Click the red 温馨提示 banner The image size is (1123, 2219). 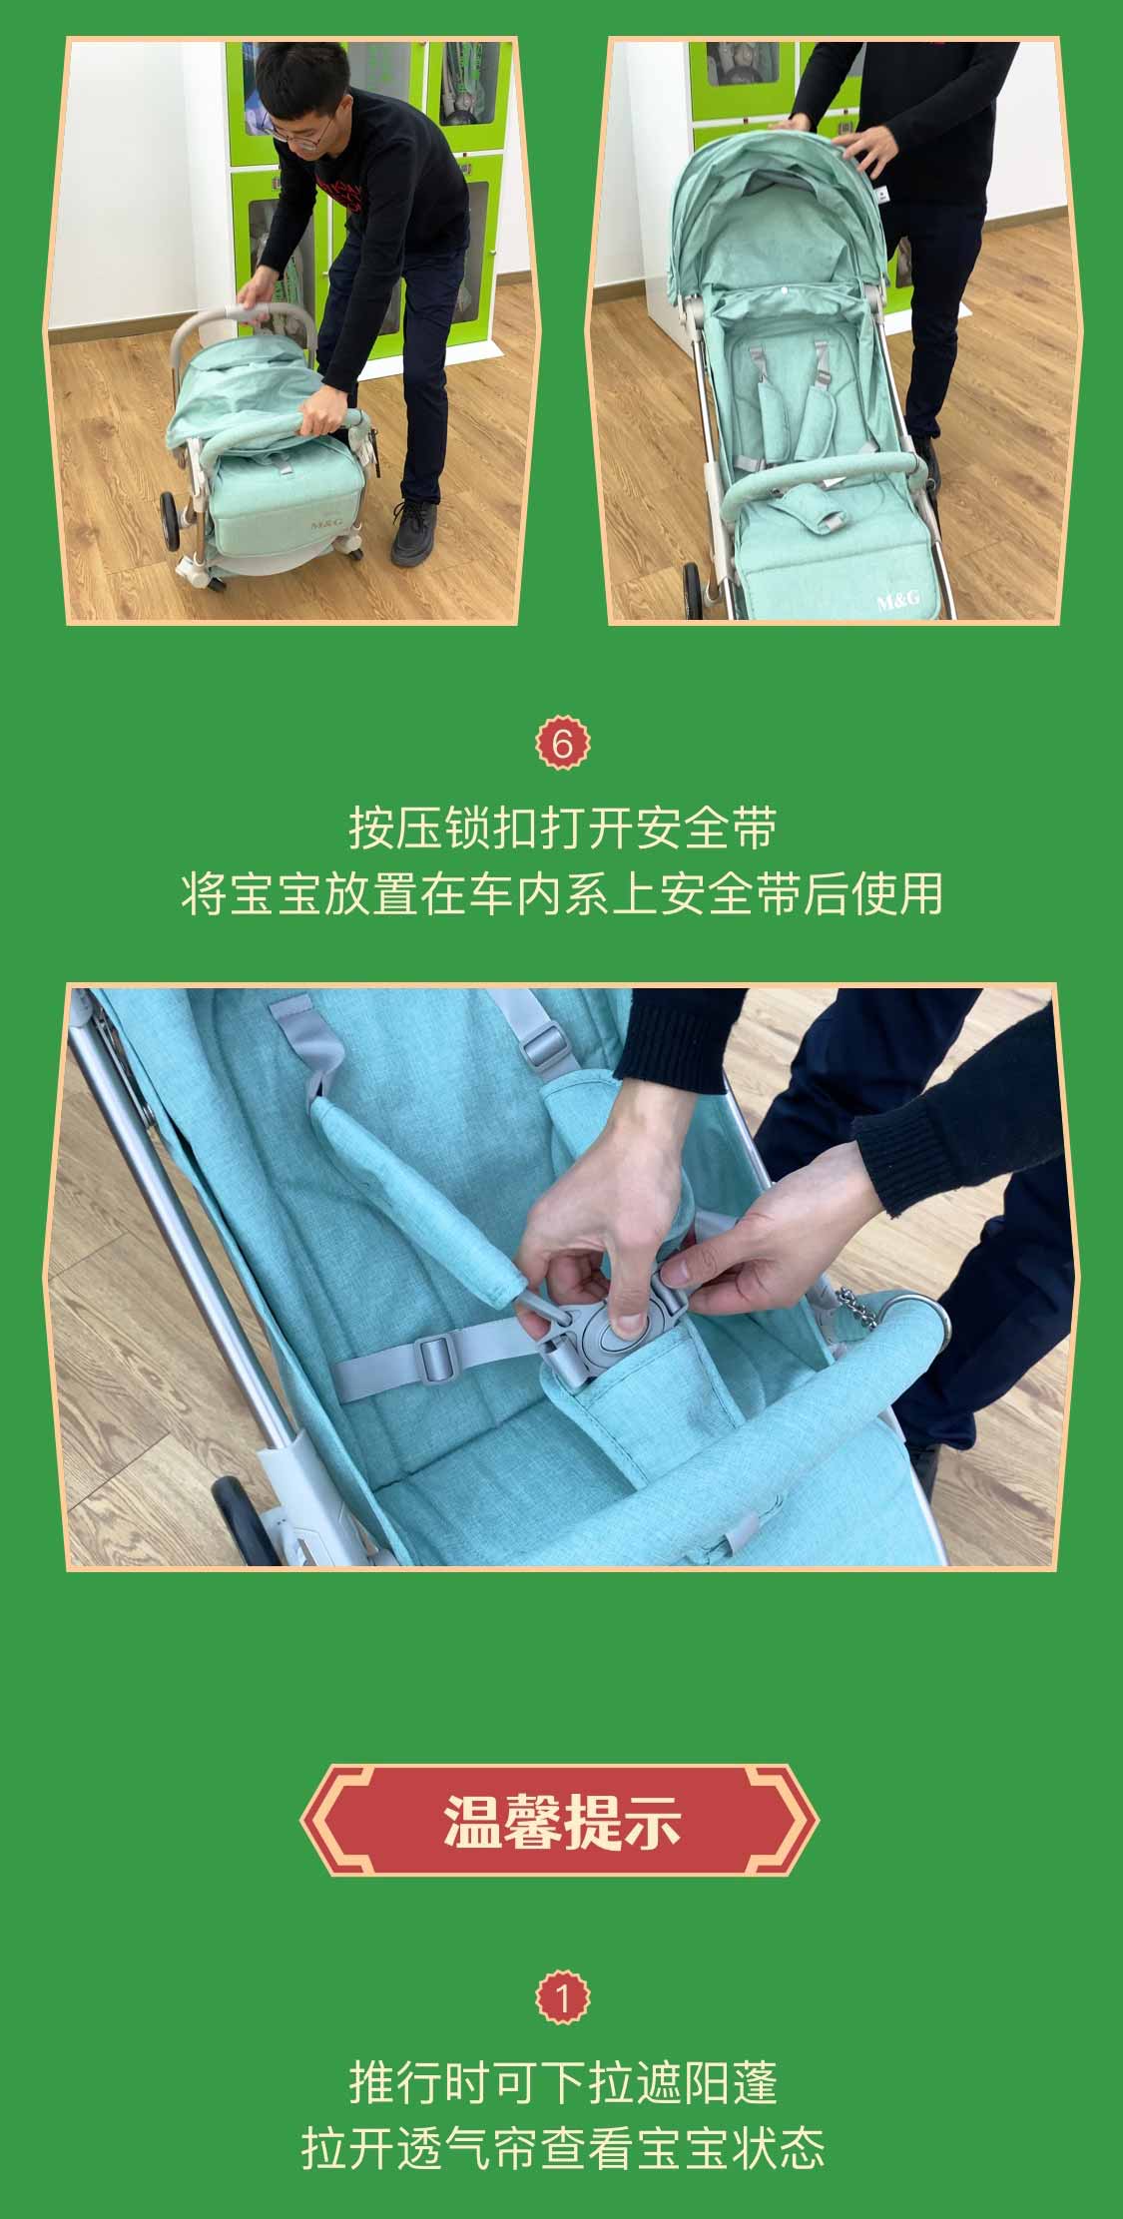[560, 1820]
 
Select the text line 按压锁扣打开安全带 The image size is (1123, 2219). [562, 828]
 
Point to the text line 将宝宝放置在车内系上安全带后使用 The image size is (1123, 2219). [562, 893]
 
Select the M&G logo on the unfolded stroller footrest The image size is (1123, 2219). [898, 601]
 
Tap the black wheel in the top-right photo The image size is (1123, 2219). [690, 592]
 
